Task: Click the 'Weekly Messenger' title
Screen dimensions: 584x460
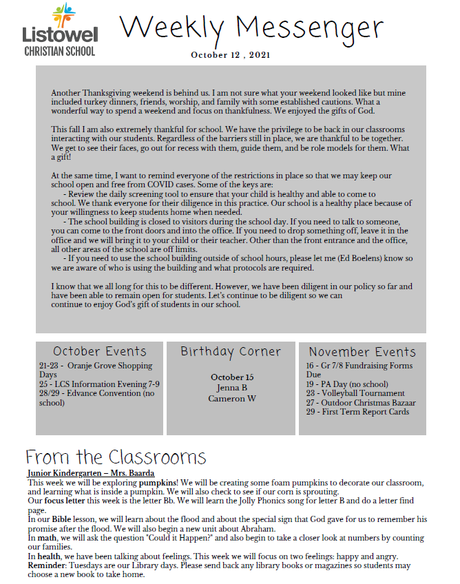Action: tap(251, 28)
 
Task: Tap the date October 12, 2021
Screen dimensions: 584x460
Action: tap(231, 54)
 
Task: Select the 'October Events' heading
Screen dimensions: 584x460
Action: tap(100, 351)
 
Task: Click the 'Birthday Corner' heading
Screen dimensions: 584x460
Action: tap(231, 351)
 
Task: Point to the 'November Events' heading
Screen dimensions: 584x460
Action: tap(362, 351)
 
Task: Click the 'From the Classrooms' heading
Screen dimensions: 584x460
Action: tap(116, 457)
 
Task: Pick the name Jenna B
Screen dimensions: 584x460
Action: tap(231, 388)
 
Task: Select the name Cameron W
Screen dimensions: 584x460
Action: tap(231, 398)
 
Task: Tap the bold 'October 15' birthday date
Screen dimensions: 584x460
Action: tap(232, 377)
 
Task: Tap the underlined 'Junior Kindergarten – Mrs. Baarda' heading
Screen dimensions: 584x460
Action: tap(91, 473)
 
